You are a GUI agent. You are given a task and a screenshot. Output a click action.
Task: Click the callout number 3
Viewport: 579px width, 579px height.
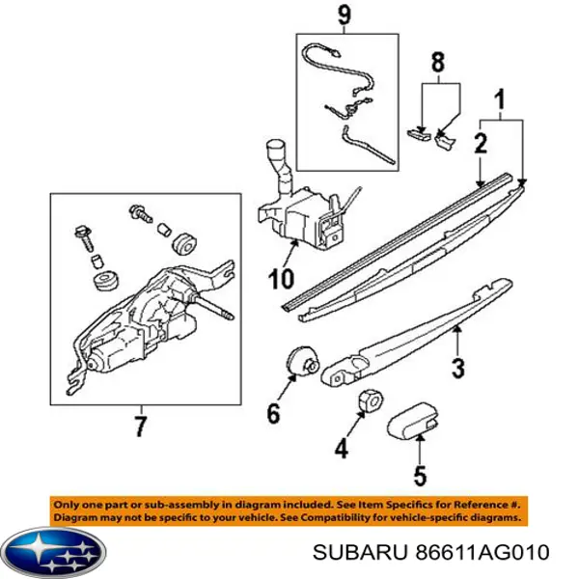pyautogui.click(x=458, y=368)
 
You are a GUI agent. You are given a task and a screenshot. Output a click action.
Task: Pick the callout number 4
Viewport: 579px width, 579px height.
pyautogui.click(x=340, y=448)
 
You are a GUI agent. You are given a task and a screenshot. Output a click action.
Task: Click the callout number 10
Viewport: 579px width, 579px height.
pyautogui.click(x=278, y=280)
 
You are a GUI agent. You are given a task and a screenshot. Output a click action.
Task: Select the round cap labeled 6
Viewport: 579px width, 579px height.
pyautogui.click(x=304, y=363)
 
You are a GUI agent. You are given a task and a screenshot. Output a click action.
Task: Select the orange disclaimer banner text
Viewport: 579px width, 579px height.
pyautogui.click(x=289, y=511)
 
